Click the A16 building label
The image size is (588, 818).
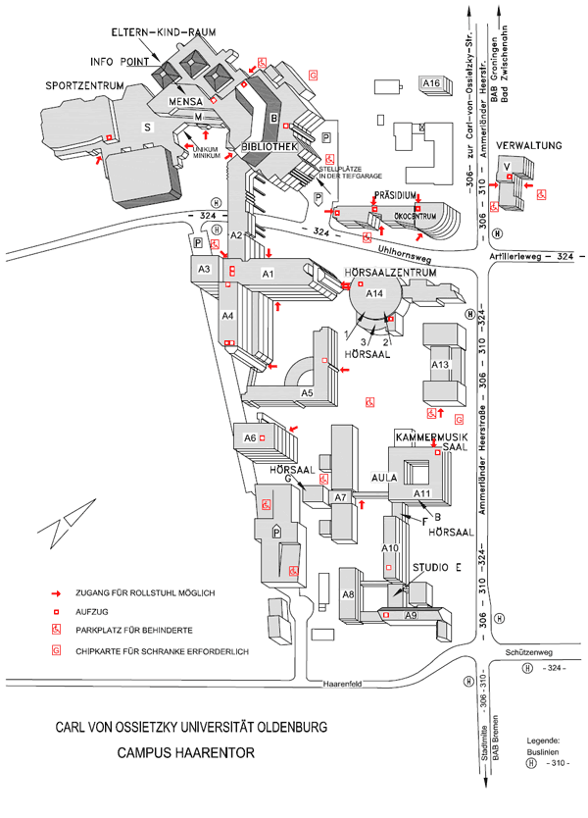[x=431, y=84]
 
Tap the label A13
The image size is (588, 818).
[x=440, y=365]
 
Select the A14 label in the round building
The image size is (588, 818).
[x=375, y=293]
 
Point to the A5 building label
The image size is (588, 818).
[x=307, y=393]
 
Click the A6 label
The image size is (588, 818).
[x=250, y=438]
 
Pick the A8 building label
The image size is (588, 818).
[x=348, y=595]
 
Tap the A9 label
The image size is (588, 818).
[x=412, y=615]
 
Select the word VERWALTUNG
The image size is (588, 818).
[x=528, y=146]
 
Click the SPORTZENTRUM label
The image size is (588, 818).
[x=84, y=86]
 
